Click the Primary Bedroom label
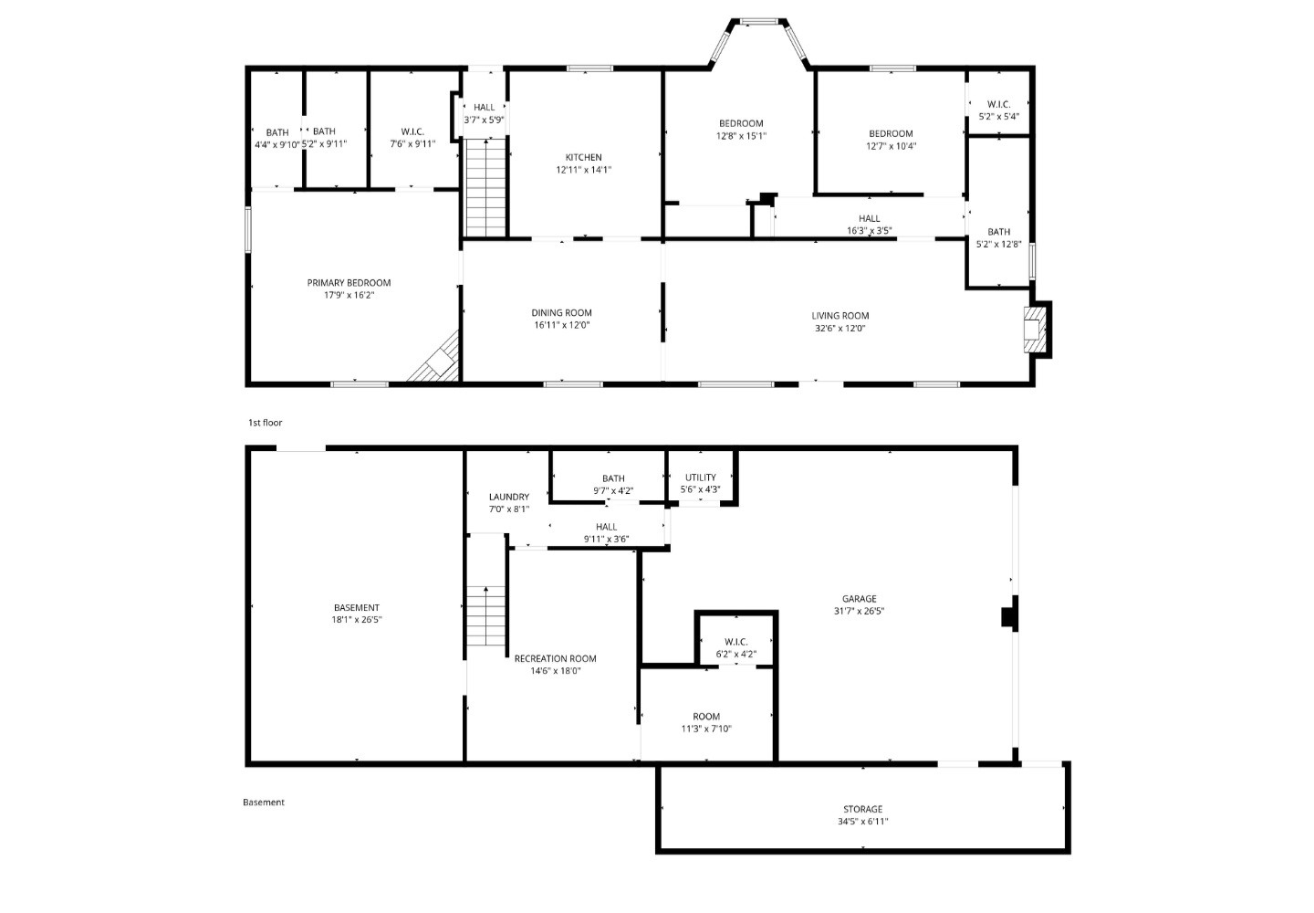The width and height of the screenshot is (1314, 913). point(349,283)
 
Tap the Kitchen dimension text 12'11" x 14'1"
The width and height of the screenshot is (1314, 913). point(583,170)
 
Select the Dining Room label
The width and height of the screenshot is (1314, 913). point(561,313)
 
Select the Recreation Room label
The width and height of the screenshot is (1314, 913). point(555,658)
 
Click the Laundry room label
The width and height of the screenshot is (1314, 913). point(508,498)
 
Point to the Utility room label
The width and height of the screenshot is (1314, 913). point(700,477)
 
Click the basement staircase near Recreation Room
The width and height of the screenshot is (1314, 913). point(485,618)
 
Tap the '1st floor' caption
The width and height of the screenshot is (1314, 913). point(266,423)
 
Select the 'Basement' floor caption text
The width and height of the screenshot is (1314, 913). point(264,803)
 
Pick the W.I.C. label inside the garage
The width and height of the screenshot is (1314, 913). point(735,642)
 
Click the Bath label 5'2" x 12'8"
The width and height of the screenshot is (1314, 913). point(998,232)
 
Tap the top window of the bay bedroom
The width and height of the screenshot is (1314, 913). point(759,21)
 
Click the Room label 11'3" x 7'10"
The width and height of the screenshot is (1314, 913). point(705,717)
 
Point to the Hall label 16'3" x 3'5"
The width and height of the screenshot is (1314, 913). point(869,218)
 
